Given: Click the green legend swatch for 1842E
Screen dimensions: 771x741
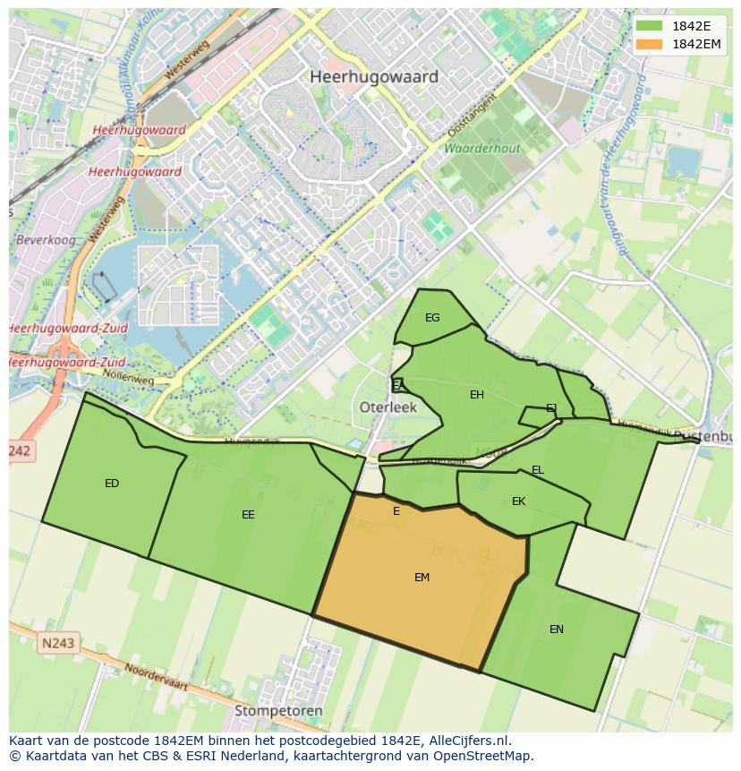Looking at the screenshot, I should pos(650,26).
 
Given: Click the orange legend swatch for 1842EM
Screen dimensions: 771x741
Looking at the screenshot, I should pos(650,44).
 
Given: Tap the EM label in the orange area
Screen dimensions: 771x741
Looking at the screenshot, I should pos(422,578).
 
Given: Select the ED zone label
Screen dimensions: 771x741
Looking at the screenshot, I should pos(112,484).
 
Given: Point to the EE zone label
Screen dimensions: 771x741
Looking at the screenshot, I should pos(248,515).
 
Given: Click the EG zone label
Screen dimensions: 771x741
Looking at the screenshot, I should pos(432,318).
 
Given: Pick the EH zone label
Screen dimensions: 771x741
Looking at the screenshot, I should pos(477,395).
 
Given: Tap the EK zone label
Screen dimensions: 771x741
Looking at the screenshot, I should pos(518,501).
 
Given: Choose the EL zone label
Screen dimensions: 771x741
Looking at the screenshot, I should pos(537,470).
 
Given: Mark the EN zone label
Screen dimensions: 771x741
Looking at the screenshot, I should pos(557,630).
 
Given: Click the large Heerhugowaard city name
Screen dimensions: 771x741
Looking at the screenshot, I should pos(374,77).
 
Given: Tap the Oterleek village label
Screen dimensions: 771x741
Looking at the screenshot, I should pos(388,407).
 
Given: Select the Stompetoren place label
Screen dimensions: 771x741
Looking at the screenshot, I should pos(278,711).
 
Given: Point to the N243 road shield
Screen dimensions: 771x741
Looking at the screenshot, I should pos(58,643).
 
